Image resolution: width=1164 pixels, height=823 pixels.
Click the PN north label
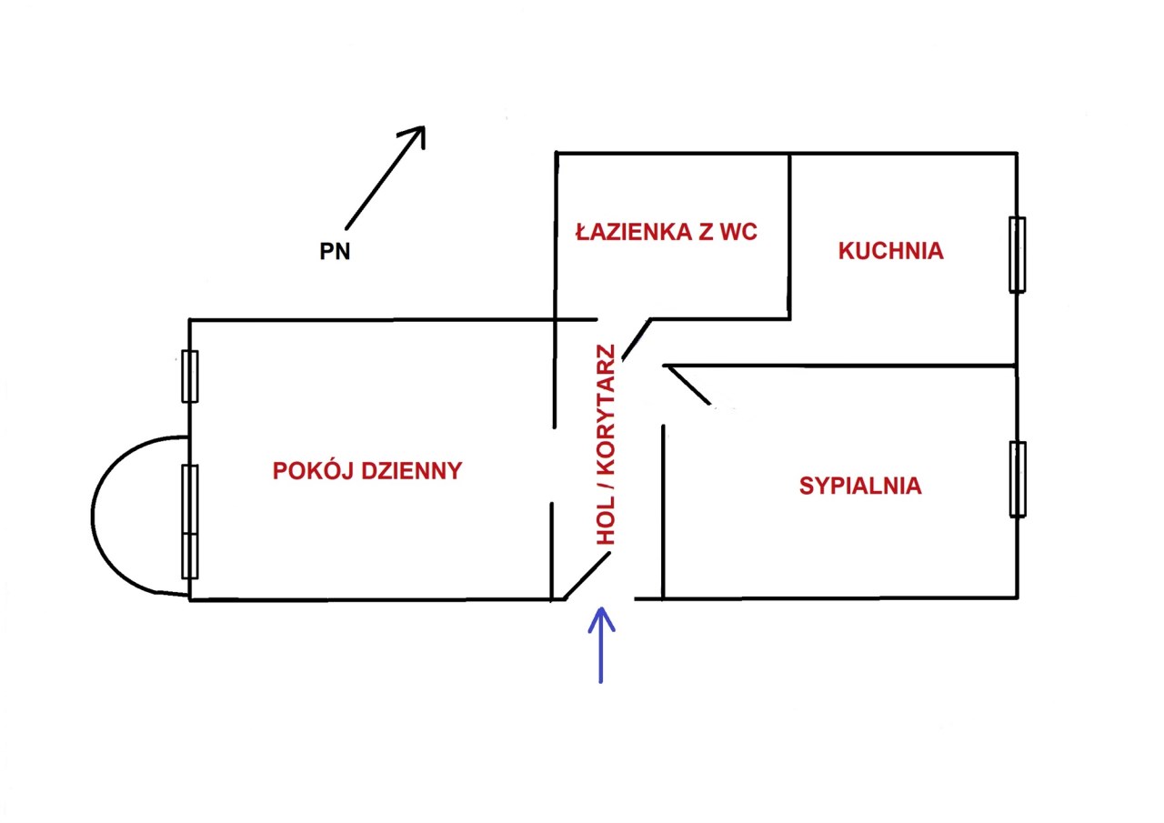point(335,252)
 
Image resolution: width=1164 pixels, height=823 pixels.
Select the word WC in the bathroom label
point(738,232)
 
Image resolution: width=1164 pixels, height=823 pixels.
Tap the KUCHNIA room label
point(890,251)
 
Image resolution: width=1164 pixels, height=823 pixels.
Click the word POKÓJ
point(311,470)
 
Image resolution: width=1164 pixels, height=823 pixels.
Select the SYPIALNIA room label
point(860,486)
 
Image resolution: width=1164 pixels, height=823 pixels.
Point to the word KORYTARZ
point(606,418)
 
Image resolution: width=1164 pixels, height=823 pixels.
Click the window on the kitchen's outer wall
point(1017,255)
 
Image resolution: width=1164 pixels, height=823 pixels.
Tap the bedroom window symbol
point(1017,479)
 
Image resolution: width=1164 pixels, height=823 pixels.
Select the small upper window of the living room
point(189,376)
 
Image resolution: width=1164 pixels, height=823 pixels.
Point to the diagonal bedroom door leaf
point(687,384)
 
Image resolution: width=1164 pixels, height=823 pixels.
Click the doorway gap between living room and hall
point(553,464)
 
